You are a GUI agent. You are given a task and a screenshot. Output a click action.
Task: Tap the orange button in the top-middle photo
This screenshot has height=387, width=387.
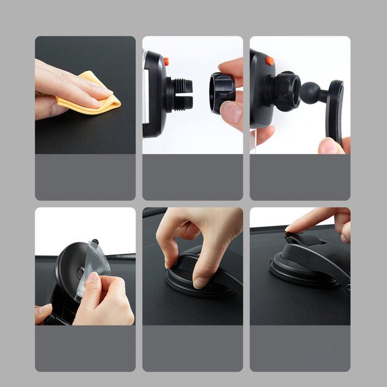[166, 61]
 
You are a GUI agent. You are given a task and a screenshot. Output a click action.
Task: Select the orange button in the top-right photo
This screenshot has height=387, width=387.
[270, 61]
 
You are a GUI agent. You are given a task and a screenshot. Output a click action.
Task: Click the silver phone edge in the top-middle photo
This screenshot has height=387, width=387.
[146, 93]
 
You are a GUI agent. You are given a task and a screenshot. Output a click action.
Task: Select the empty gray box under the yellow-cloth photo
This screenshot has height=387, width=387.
[85, 177]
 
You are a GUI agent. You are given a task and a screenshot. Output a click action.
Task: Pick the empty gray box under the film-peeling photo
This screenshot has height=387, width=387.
[85, 349]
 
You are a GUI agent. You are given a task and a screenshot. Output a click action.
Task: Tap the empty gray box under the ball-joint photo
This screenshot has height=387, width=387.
[300, 177]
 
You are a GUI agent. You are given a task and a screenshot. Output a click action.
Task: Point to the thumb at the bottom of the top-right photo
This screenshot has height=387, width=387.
[329, 146]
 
